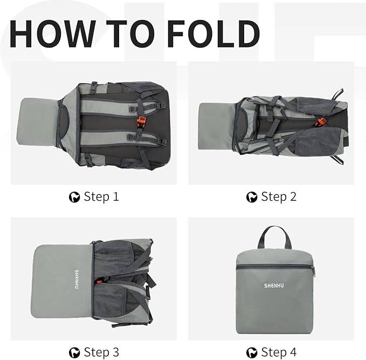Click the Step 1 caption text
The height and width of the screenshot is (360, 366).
(x=101, y=196)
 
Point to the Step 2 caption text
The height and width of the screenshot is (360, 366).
(x=278, y=196)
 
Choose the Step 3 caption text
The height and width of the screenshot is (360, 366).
(x=101, y=352)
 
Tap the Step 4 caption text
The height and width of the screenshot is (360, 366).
(x=278, y=352)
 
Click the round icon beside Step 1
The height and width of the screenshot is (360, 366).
(x=74, y=197)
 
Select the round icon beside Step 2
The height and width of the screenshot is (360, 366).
(x=252, y=197)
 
